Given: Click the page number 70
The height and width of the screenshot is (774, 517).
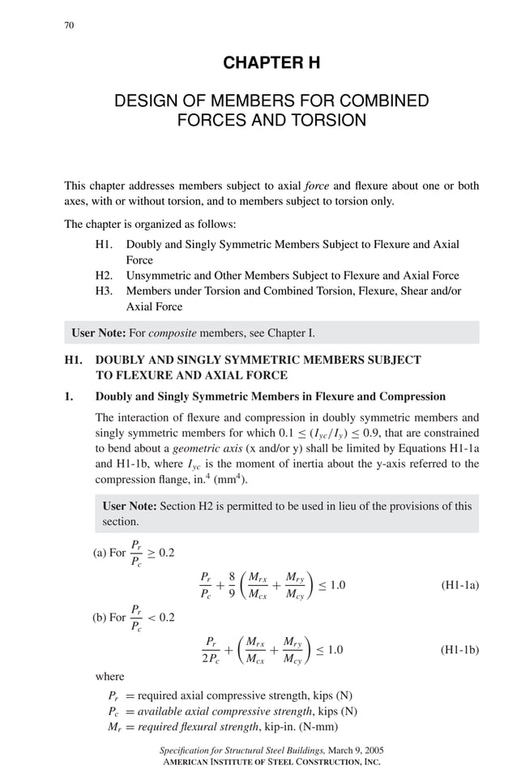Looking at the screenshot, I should [x=69, y=25].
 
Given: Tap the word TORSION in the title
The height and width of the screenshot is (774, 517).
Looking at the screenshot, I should [x=327, y=121].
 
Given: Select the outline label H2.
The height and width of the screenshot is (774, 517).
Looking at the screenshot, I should [x=104, y=276].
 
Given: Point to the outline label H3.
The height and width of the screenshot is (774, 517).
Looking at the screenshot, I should [x=104, y=291].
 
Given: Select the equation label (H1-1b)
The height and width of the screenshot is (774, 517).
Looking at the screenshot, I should [x=459, y=649].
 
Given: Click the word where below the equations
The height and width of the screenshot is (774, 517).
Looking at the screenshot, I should [x=110, y=676].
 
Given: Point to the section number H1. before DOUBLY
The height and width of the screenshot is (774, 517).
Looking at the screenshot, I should [x=74, y=359].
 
